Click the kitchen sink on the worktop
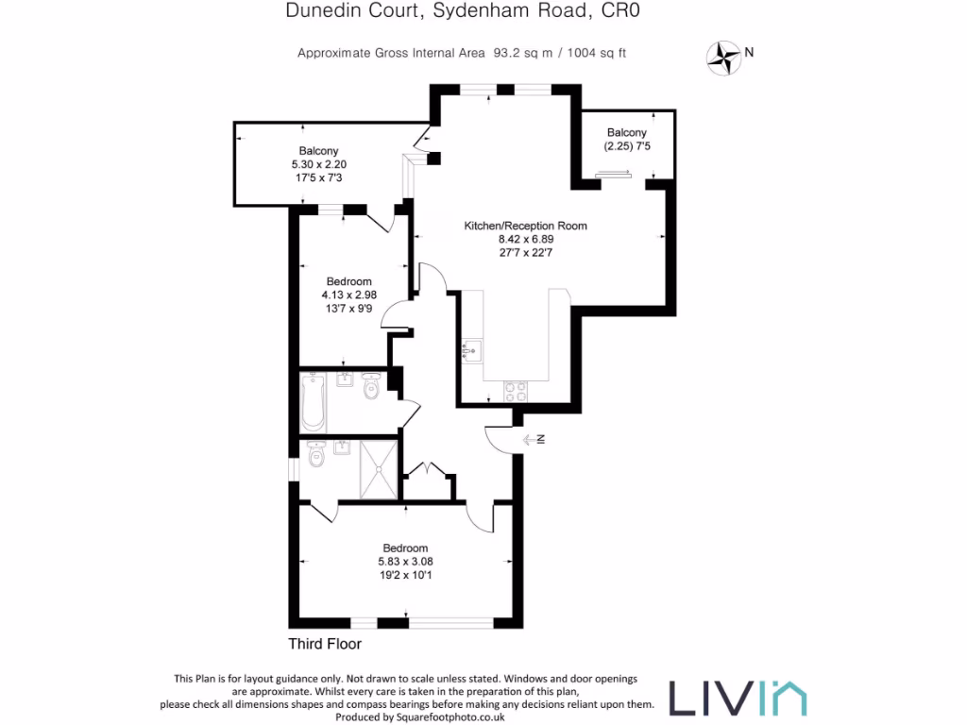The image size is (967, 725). click(471, 350)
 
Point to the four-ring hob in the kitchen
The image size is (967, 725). click(516, 388)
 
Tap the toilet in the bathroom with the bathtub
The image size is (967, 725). click(371, 384)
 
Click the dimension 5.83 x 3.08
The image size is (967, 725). click(405, 561)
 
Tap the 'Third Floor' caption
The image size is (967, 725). click(325, 645)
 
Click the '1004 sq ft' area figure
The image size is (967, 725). click(596, 53)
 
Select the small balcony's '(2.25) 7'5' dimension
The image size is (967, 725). click(627, 146)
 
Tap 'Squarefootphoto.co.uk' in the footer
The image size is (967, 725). click(452, 717)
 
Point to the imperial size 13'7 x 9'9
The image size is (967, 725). click(348, 308)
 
